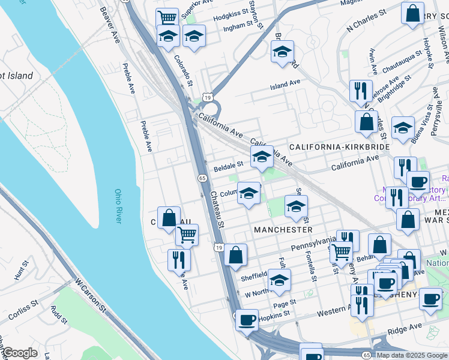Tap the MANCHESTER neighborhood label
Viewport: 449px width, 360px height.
click(283, 230)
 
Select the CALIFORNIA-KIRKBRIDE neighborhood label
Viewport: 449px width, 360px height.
click(339, 147)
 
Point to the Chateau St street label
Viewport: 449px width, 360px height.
click(216, 209)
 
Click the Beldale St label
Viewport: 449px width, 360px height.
click(228, 163)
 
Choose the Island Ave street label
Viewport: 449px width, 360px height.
click(285, 86)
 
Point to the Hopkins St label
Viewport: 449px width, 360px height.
click(275, 313)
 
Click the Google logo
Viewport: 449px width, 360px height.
click(19, 353)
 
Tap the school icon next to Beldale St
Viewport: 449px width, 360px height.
click(261, 157)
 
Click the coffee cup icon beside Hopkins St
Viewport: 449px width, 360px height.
click(246, 320)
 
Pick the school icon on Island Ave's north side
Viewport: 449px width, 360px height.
click(282, 52)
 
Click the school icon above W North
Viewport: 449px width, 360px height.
click(279, 280)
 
